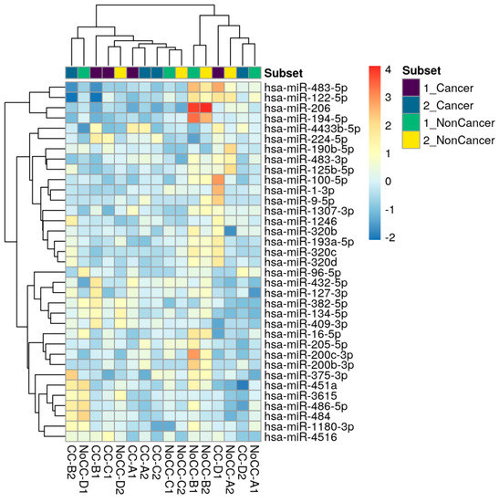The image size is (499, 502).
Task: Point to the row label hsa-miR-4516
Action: (292, 437)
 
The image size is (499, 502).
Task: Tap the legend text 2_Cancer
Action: (453, 104)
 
